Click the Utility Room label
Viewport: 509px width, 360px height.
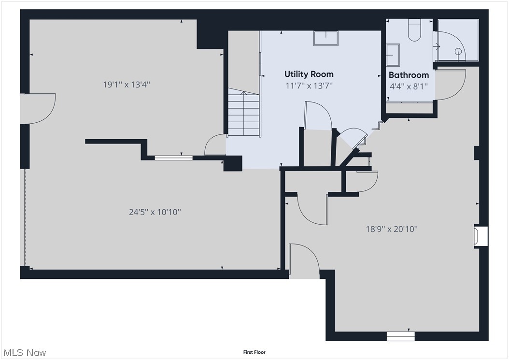click(x=309, y=74)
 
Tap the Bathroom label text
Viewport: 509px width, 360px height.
click(x=409, y=75)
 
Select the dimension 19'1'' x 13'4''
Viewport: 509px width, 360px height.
click(x=127, y=85)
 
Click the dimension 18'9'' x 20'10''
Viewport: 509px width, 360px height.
click(x=391, y=229)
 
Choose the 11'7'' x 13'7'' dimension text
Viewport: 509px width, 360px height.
click(x=309, y=86)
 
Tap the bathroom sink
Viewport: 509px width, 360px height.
click(x=393, y=55)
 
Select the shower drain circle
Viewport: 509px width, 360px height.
click(x=458, y=52)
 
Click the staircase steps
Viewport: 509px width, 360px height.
click(x=244, y=114)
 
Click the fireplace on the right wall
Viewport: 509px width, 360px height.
click(x=480, y=236)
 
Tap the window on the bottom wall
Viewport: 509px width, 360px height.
click(x=401, y=335)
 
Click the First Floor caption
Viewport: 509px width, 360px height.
click(x=254, y=352)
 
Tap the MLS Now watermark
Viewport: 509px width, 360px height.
click(x=24, y=352)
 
